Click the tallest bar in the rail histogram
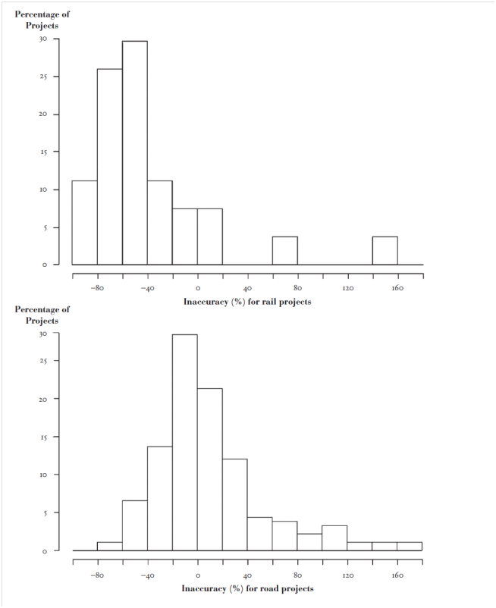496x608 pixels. pyautogui.click(x=134, y=152)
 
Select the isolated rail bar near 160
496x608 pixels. pyautogui.click(x=385, y=251)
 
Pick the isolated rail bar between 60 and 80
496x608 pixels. pyautogui.click(x=284, y=251)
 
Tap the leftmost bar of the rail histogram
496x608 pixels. pyautogui.click(x=84, y=223)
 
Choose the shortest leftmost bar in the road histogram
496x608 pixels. pyautogui.click(x=109, y=547)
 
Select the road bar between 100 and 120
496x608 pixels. pyautogui.click(x=334, y=537)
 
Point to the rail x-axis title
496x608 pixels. pyautogui.click(x=247, y=302)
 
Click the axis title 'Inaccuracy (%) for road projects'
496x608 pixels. pyautogui.click(x=247, y=588)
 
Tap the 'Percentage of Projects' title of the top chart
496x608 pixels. pyautogui.click(x=42, y=20)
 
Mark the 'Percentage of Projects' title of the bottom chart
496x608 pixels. pyautogui.click(x=42, y=315)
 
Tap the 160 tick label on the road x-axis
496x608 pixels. pyautogui.click(x=398, y=575)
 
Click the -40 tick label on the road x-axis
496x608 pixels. pyautogui.click(x=147, y=575)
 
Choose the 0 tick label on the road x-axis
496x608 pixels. pyautogui.click(x=197, y=575)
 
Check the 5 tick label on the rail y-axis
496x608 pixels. pyautogui.click(x=44, y=227)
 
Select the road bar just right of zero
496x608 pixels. pyautogui.click(x=209, y=469)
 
